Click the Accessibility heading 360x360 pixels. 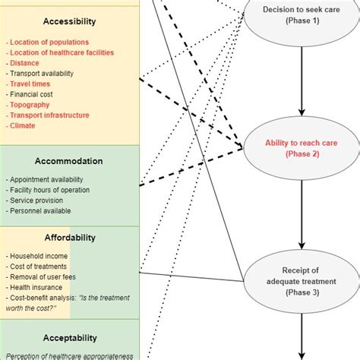point(70,22)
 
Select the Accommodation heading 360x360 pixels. point(69,161)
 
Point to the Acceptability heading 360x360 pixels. point(69,337)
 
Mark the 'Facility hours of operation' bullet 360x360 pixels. point(49,190)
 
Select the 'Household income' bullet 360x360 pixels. point(39,256)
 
